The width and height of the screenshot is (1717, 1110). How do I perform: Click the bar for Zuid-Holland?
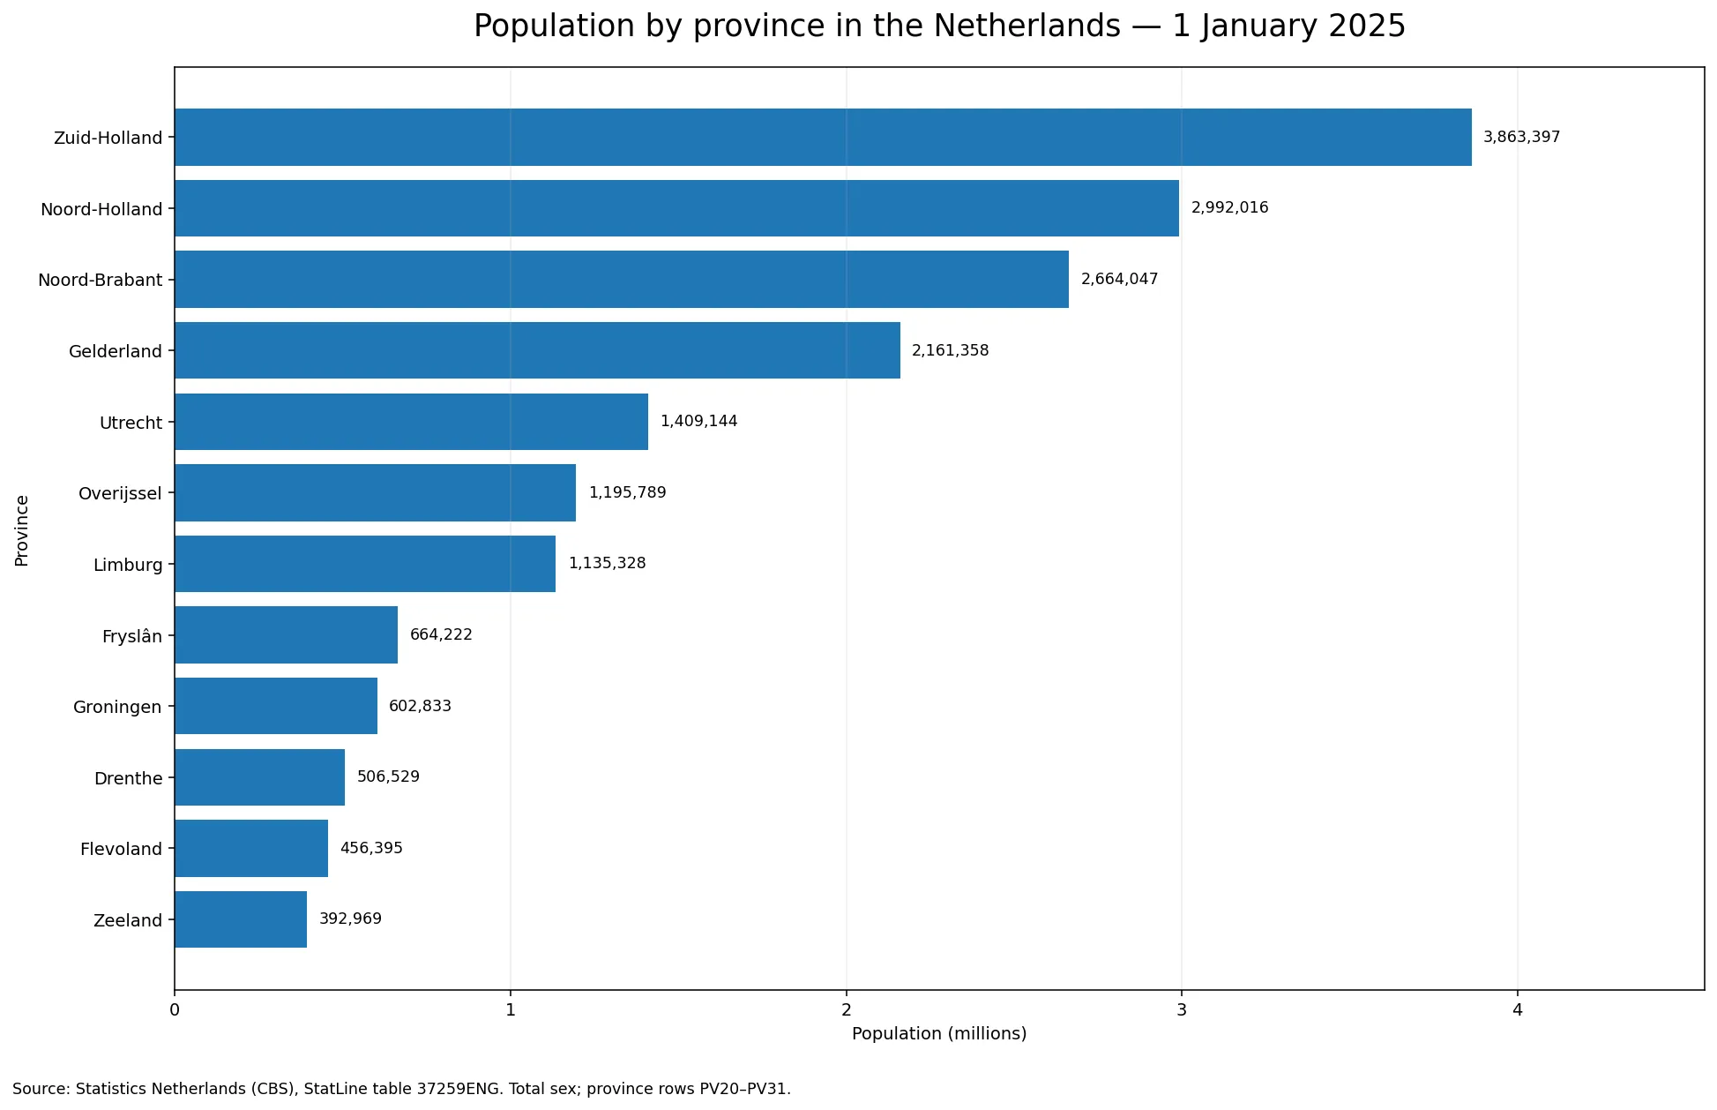[x=823, y=138]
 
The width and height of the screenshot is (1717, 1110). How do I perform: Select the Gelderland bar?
[x=537, y=350]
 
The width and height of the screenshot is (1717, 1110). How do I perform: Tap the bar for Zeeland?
[x=241, y=919]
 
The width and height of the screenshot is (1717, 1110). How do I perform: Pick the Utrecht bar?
[x=411, y=422]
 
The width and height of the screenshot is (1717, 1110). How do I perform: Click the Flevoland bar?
[x=251, y=848]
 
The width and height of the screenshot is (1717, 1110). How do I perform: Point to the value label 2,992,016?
[x=1229, y=208]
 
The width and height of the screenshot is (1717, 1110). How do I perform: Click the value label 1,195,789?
[x=627, y=492]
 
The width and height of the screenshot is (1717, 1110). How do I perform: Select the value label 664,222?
[x=441, y=635]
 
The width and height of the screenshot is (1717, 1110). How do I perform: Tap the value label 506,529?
[x=388, y=777]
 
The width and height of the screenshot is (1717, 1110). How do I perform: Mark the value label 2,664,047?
[x=1119, y=280]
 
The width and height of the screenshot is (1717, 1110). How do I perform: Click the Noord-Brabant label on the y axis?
[x=100, y=281]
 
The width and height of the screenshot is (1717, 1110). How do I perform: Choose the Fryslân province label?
[x=132, y=636]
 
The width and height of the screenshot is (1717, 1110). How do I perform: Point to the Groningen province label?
[x=117, y=708]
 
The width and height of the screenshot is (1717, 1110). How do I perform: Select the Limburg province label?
[x=128, y=565]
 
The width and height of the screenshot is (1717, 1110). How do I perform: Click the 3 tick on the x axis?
[x=1181, y=1009]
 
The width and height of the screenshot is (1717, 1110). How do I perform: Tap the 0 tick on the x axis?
[x=175, y=1009]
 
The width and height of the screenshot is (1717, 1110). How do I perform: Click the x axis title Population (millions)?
[x=939, y=1034]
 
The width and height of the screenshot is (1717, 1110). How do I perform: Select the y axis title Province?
[x=22, y=529]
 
